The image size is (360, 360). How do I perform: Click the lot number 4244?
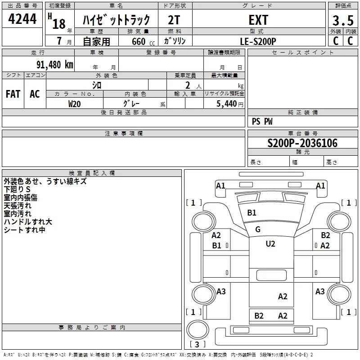(x=22, y=19)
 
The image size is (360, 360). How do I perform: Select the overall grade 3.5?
(x=343, y=21)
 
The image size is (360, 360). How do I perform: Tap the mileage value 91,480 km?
(x=55, y=64)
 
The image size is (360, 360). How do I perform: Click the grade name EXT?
(x=258, y=20)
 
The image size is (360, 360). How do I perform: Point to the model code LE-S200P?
(x=258, y=41)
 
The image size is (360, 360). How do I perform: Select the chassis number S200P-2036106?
(x=302, y=143)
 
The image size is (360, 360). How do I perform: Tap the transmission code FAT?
(x=13, y=94)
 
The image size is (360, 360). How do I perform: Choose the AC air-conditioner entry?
(x=35, y=94)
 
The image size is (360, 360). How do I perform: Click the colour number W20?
(x=74, y=104)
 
